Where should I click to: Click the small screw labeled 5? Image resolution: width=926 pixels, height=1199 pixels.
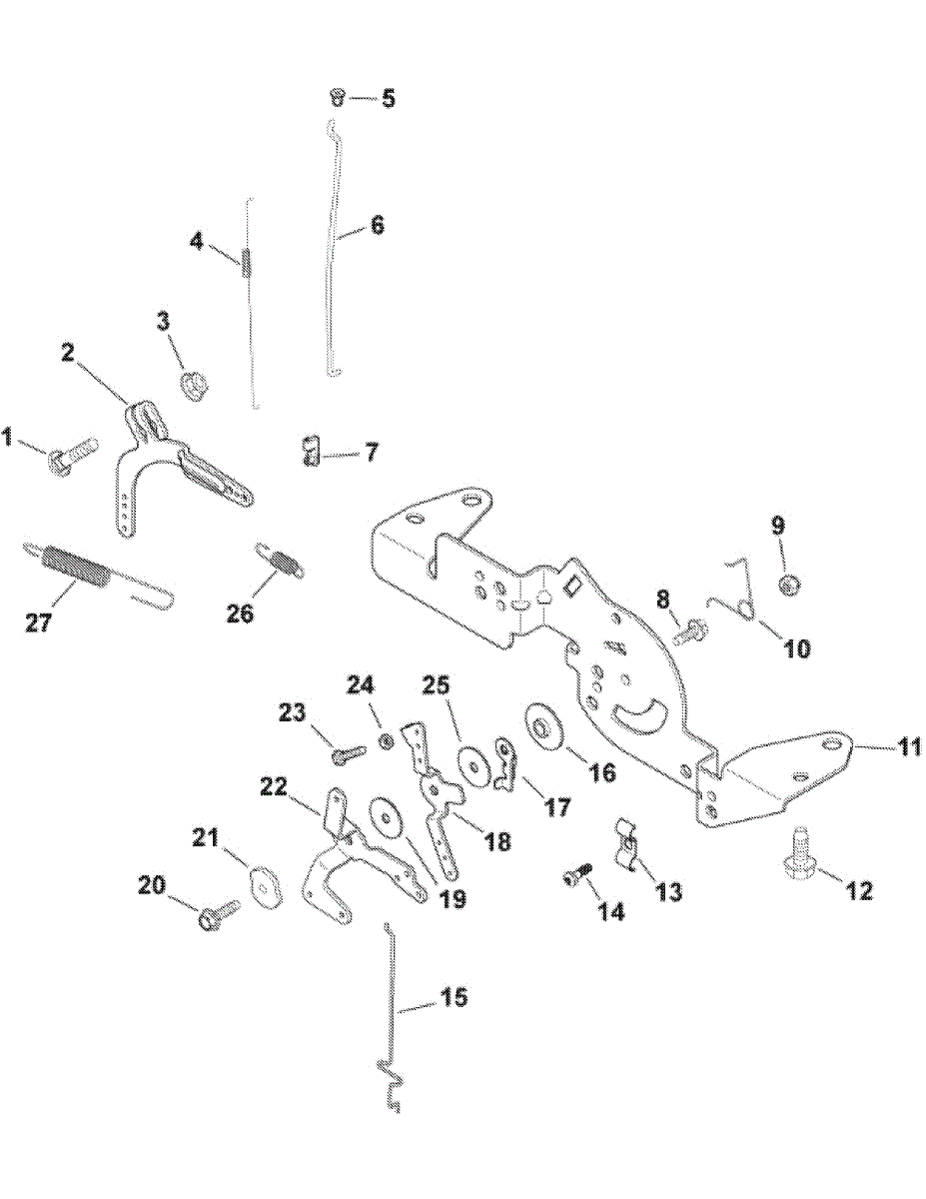pos(336,97)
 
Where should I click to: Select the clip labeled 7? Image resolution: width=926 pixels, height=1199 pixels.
pos(312,451)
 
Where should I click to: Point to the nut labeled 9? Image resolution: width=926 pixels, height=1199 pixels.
pos(788,585)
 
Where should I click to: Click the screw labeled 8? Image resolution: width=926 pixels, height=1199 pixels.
pos(690,631)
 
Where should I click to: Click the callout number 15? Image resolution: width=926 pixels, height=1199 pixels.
pos(454,998)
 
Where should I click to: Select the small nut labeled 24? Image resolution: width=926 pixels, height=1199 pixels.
pos(386,741)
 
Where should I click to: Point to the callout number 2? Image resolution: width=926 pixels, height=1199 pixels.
pos(67,352)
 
